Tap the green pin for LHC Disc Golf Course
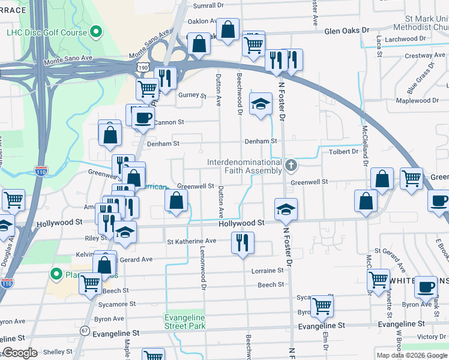(x=95, y=33)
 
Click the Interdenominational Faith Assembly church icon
(x=291, y=165)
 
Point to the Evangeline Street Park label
(x=185, y=322)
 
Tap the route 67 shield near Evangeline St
(x=85, y=331)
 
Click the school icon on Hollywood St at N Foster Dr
(x=286, y=209)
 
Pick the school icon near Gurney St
(x=261, y=104)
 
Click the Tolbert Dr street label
(x=343, y=152)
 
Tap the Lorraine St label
(x=267, y=271)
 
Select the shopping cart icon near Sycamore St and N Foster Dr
(x=322, y=305)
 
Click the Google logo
(x=20, y=353)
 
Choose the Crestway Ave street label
(x=424, y=56)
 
